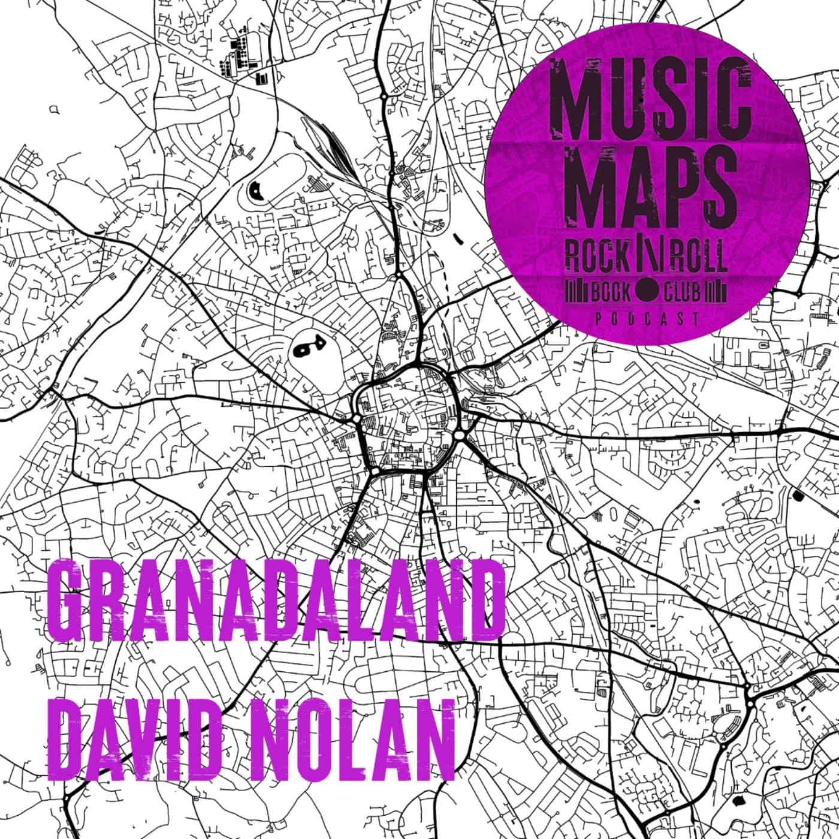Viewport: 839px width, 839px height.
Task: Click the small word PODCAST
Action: click(x=647, y=319)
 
